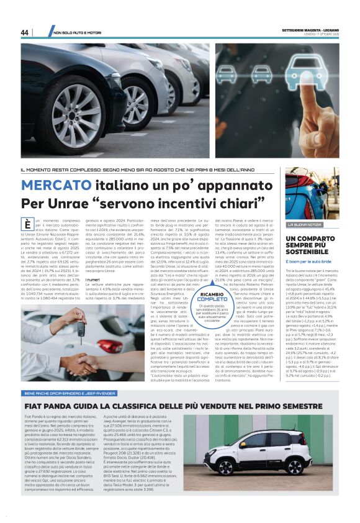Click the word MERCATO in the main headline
tap(56, 186)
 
